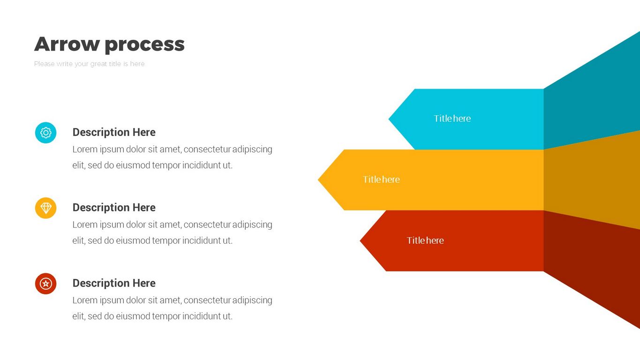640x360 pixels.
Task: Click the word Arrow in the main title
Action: (67, 44)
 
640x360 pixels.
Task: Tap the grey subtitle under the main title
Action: (90, 64)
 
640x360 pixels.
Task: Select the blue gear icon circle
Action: (46, 133)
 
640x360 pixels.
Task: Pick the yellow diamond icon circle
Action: (46, 208)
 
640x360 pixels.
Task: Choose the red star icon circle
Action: (46, 284)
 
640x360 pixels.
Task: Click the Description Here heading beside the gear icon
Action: (114, 132)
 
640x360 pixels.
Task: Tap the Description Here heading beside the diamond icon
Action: (114, 208)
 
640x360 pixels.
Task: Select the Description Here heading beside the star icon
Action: (114, 283)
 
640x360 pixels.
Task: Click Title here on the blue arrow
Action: (452, 119)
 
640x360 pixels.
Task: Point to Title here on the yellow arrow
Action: (382, 180)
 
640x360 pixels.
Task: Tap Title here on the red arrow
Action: (425, 240)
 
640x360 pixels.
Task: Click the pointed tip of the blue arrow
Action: (389, 119)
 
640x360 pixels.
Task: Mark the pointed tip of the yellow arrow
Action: (318, 180)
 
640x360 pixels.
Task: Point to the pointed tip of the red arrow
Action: (360, 241)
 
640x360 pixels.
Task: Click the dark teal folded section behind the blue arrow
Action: (591, 97)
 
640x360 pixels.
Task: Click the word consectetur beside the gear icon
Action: (207, 150)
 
